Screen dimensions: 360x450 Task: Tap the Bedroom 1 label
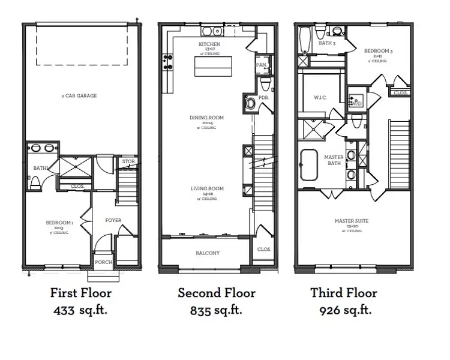pos(60,223)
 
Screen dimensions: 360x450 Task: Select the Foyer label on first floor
pos(113,220)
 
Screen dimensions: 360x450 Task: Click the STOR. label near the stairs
pos(128,161)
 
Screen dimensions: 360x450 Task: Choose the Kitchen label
pos(209,44)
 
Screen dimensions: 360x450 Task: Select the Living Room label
pos(208,189)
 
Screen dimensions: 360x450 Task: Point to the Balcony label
pos(208,253)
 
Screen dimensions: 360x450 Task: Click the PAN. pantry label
pos(261,64)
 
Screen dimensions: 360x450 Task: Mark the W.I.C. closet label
pos(320,98)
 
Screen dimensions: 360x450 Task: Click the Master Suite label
pos(352,221)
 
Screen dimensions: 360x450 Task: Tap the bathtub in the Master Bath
pos(310,164)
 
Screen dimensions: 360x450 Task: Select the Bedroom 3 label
pos(379,52)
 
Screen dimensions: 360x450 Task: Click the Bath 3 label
pos(326,43)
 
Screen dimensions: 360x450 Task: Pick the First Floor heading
pos(80,293)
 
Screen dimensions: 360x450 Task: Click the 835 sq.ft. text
pos(216,310)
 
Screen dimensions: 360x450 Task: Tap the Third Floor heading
pos(344,293)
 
